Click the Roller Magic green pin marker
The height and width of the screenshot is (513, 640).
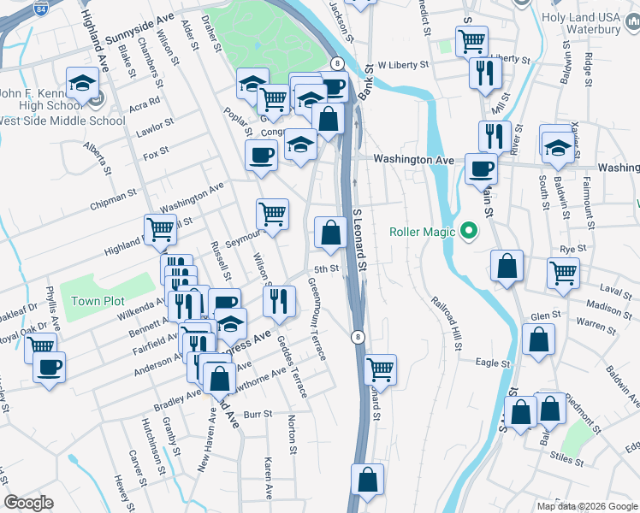(468, 231)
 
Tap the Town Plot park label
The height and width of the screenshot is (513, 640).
(98, 302)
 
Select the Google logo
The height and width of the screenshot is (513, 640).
(29, 503)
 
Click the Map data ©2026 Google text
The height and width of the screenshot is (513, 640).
(586, 506)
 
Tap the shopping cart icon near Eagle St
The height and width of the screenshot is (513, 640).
(379, 369)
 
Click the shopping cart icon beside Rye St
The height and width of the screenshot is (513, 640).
(564, 273)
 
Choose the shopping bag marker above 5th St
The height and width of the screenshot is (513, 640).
(330, 231)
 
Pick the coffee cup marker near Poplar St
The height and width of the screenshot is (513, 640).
(261, 156)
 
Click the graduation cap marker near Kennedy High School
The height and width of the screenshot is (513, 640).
(82, 83)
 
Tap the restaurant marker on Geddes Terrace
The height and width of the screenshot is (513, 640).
(279, 300)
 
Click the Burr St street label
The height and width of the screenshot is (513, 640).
(257, 414)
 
